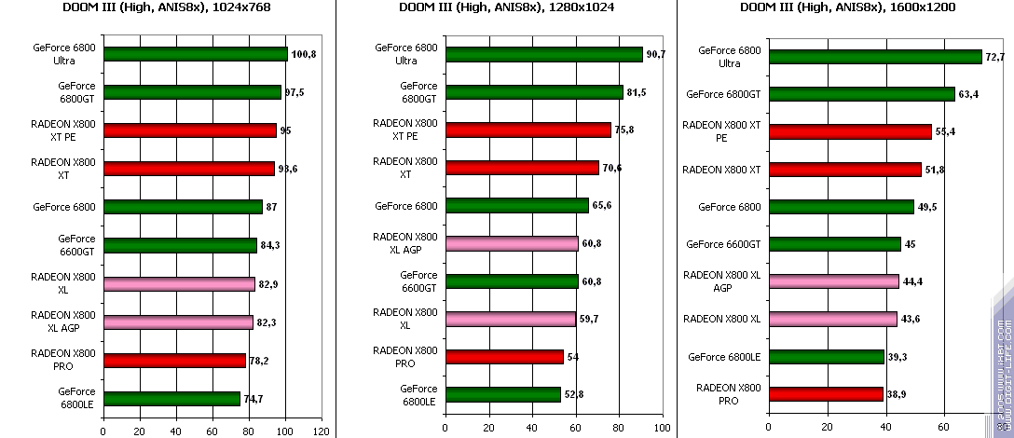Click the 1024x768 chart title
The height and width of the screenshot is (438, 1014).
169,8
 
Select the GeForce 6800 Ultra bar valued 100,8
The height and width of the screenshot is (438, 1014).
196,54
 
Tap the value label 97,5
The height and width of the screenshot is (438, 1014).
297,92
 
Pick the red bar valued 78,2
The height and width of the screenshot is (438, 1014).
174,361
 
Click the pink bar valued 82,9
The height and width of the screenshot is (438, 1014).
179,284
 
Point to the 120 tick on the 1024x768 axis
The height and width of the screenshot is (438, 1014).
322,431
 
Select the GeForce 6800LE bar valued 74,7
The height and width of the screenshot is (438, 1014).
171,399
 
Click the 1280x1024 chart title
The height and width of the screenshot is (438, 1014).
506,8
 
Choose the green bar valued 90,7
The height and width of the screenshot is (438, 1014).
544,54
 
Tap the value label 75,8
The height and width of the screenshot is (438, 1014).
624,130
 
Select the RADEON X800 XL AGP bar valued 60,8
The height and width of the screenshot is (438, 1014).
512,244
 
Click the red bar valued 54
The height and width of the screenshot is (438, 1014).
504,357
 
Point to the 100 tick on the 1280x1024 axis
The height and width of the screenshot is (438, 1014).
661,429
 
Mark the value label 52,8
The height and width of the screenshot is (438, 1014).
599,395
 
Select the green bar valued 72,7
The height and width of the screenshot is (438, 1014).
875,57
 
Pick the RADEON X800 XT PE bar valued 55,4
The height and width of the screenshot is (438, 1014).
850,131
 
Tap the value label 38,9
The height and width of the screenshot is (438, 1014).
896,395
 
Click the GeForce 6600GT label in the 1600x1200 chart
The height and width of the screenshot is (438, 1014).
724,244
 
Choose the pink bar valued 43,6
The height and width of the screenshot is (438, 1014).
832,319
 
